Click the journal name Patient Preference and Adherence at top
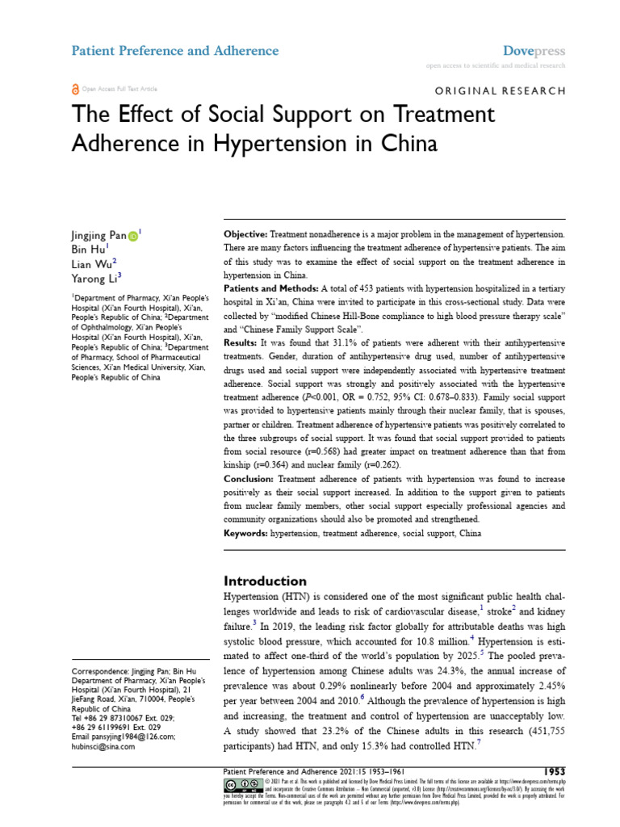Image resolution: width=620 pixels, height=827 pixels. (x=175, y=51)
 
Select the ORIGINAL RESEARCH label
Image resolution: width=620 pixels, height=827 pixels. (x=501, y=91)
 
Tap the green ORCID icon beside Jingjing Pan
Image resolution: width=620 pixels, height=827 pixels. (x=132, y=236)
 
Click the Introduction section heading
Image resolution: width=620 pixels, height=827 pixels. (x=265, y=581)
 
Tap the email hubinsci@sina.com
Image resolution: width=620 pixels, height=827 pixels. (x=104, y=747)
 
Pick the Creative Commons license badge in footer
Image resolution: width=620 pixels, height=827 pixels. (x=241, y=786)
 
